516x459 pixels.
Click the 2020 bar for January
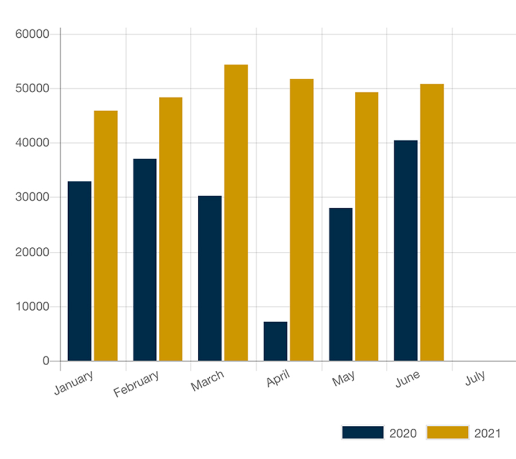pos(79,271)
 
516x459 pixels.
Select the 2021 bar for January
pos(105,236)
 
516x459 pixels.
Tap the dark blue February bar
pos(144,260)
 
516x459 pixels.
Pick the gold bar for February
pos(171,229)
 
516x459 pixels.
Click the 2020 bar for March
pos(210,278)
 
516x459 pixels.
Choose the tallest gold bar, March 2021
pos(236,213)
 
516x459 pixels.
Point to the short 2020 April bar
pos(275,342)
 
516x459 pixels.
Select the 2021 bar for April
pos(302,220)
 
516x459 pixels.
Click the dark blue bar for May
pos(341,284)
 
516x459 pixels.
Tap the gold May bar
pos(366,227)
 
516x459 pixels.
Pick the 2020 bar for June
pos(406,251)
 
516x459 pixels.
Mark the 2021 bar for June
pos(432,223)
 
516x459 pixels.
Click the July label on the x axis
pos(475,378)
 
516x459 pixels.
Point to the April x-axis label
pos(279,379)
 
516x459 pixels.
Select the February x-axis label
pos(136,384)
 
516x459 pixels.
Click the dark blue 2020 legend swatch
pos(362,433)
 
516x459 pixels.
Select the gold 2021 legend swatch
pos(447,433)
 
